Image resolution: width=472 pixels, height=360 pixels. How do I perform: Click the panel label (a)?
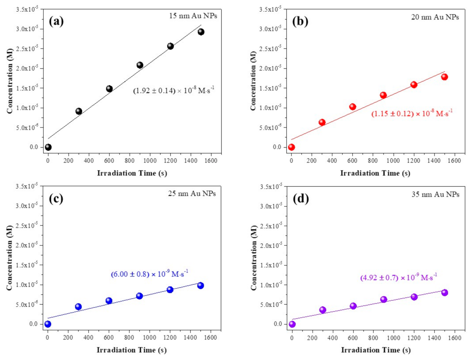[56, 21]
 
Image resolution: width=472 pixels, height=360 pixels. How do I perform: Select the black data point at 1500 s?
[201, 32]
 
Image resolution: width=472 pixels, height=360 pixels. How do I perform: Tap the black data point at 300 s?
[79, 111]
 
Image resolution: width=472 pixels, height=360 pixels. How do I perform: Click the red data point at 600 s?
[353, 107]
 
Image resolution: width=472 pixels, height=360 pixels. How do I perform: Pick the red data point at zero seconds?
[291, 147]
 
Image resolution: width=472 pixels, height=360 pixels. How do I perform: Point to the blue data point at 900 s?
[139, 296]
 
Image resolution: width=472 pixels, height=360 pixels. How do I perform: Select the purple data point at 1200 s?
[414, 297]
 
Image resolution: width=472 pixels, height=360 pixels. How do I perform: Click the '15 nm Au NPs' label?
[193, 16]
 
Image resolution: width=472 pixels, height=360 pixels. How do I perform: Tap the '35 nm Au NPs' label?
[435, 194]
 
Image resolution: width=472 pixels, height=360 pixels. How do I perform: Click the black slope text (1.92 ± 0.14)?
[174, 90]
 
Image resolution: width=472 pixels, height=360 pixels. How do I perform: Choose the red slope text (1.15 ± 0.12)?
[412, 113]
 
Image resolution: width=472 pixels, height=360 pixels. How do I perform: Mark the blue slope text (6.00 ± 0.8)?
[149, 274]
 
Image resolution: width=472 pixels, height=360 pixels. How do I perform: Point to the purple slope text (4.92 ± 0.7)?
[399, 277]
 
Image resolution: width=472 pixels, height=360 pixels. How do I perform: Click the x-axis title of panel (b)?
[375, 173]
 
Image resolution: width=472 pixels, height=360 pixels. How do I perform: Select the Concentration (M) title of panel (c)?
[10, 257]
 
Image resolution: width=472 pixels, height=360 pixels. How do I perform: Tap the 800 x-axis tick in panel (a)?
[129, 160]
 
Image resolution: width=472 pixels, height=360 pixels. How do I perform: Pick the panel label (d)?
[300, 199]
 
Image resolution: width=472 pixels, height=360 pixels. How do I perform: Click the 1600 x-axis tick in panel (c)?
[210, 337]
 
